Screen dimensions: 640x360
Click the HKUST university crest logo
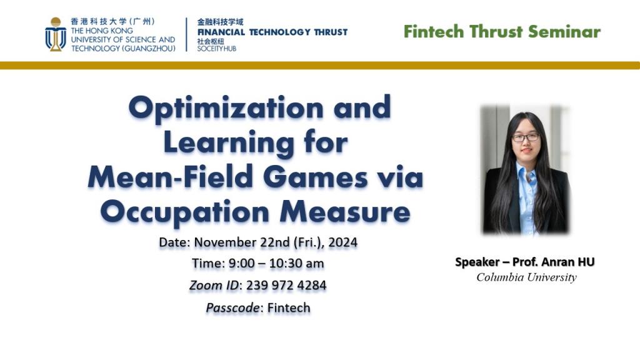click(56, 34)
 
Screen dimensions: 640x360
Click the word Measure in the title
click(345, 212)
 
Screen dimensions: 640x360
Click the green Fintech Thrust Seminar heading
click(502, 31)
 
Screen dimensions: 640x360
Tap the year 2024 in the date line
click(343, 242)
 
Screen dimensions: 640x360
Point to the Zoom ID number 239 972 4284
click(286, 285)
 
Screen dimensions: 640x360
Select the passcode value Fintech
click(289, 307)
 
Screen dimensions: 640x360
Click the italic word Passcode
click(232, 307)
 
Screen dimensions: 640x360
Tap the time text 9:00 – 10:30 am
click(276, 263)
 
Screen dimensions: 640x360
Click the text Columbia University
click(526, 277)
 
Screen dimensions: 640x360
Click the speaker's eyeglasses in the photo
click(526, 137)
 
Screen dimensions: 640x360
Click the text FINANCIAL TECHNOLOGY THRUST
click(272, 32)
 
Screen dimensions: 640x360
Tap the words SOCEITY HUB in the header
click(217, 49)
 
